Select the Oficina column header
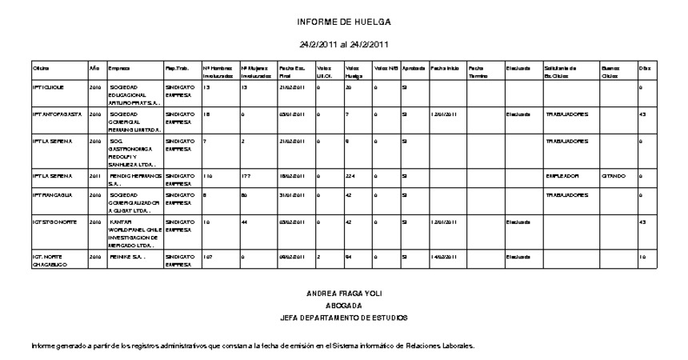click(x=41, y=68)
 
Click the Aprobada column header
click(x=414, y=68)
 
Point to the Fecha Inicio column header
click(x=445, y=68)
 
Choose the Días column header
click(x=644, y=68)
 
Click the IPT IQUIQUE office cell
click(x=50, y=86)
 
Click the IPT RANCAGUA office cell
click(x=52, y=194)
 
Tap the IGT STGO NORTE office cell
click(x=54, y=222)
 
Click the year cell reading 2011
click(x=94, y=174)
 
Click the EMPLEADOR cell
click(x=562, y=174)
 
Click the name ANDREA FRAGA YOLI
click(x=344, y=294)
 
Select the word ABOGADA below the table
click(x=344, y=306)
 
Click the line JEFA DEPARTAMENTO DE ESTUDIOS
click(x=344, y=318)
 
